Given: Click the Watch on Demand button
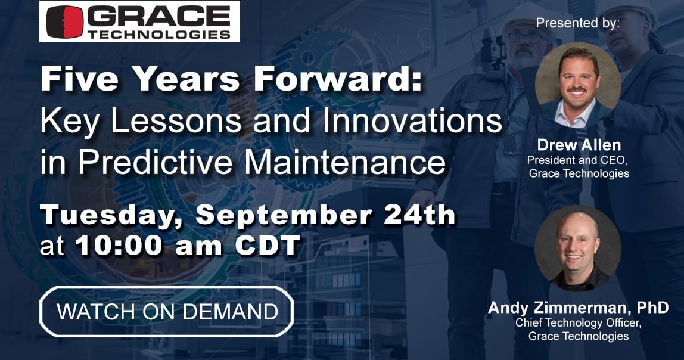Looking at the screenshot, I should click(x=167, y=311).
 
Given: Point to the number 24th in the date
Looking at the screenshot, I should click(x=419, y=215).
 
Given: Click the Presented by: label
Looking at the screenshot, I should click(x=578, y=23).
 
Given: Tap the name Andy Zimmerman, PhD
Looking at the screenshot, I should click(x=578, y=308).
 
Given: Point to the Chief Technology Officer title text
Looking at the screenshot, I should click(x=578, y=323).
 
